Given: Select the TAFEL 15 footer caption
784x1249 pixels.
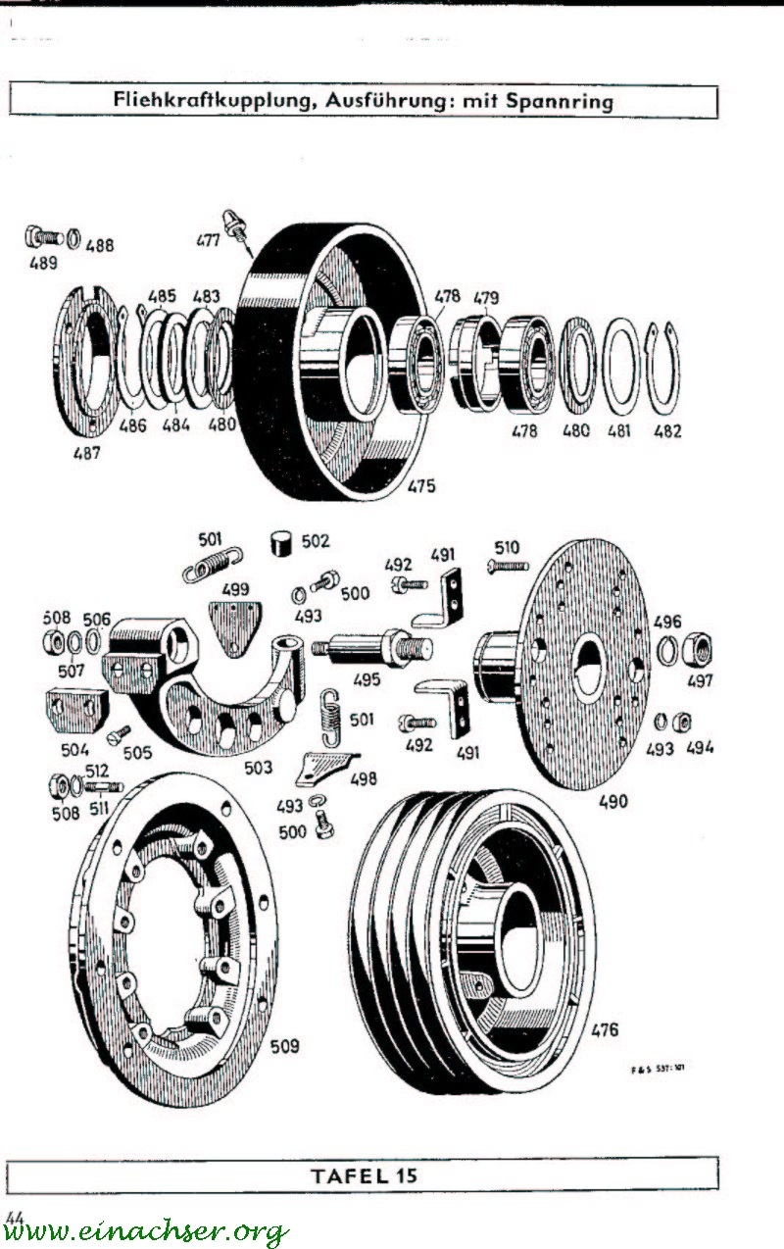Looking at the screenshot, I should (x=364, y=1175).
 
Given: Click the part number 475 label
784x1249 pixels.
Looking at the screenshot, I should (x=421, y=485).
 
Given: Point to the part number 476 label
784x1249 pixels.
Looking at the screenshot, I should (x=605, y=1029).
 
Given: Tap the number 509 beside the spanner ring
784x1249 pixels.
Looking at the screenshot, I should (x=285, y=1046).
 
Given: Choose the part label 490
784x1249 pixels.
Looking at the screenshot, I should (x=613, y=801).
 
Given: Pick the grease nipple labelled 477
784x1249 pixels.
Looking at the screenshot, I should (x=236, y=224).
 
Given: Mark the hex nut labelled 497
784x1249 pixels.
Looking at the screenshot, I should (x=702, y=649).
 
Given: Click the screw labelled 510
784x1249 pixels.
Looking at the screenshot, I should (x=508, y=566).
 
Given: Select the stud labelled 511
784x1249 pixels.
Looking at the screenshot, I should (x=103, y=785).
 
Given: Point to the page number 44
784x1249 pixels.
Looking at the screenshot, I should (x=14, y=1216).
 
